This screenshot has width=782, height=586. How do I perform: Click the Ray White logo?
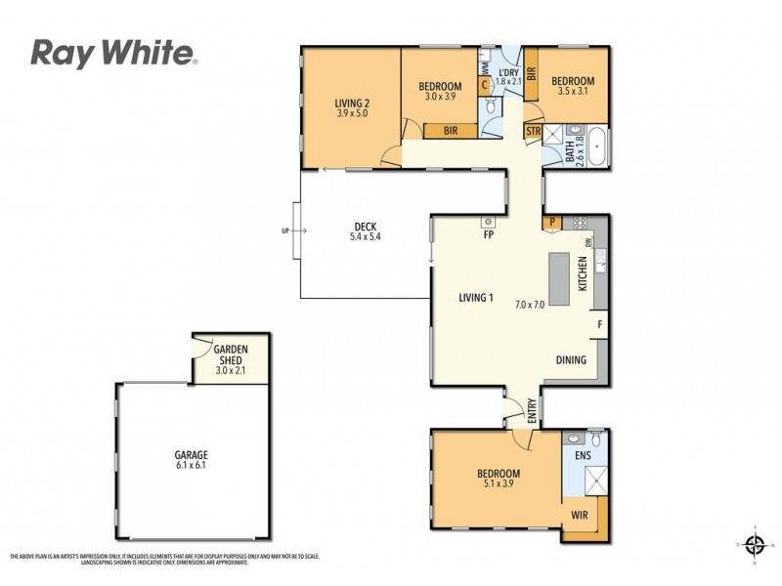coord(114,53)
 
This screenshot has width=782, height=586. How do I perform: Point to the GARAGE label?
coord(192,455)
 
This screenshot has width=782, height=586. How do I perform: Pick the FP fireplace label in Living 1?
coord(488,235)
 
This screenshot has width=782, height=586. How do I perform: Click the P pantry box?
coord(553,222)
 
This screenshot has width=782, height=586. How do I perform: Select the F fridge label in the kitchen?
coord(599,323)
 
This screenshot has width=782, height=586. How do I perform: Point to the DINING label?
coord(571,359)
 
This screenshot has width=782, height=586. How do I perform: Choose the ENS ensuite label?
coord(582,455)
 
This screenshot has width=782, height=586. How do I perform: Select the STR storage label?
coord(533,130)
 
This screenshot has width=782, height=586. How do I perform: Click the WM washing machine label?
coord(484,66)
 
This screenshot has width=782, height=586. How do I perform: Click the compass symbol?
coord(753,543)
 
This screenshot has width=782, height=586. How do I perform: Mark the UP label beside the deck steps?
coord(283,231)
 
